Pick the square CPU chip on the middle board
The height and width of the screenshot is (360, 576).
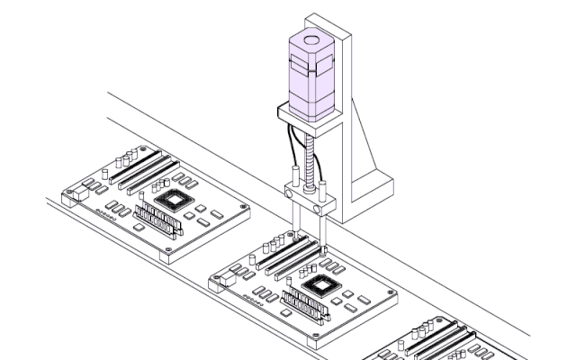(322, 287)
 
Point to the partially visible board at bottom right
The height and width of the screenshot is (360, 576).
(441, 342)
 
